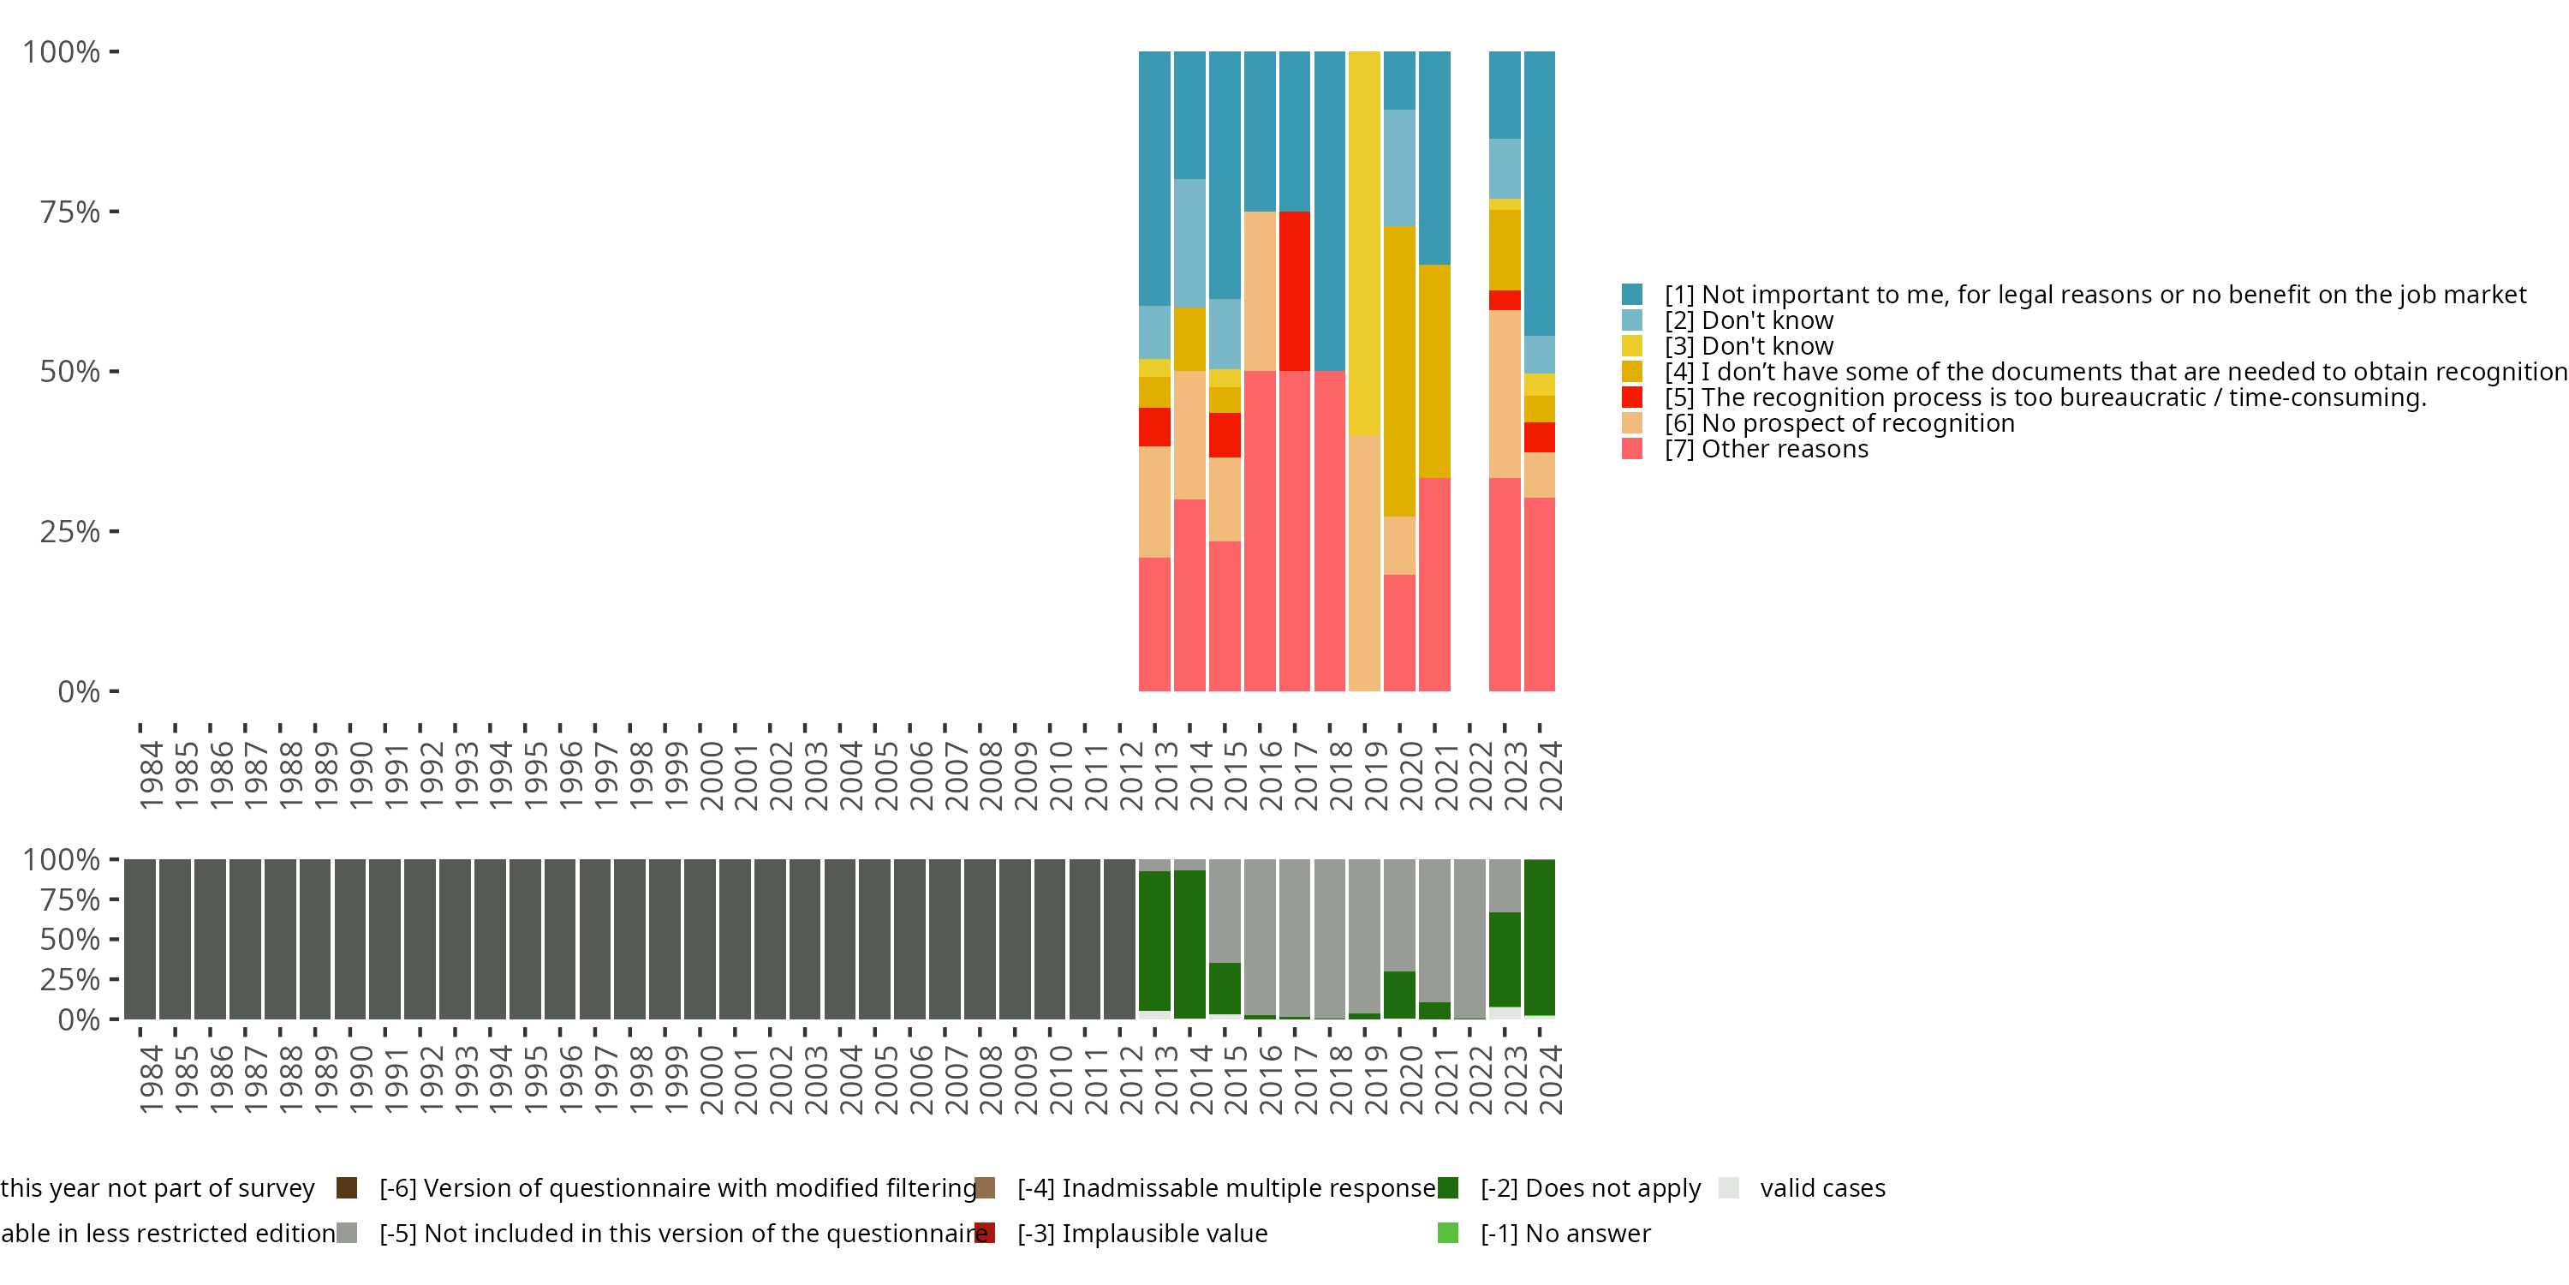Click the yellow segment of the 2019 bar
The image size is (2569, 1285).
point(1364,242)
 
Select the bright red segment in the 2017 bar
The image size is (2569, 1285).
point(1295,290)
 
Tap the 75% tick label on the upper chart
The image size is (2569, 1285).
point(70,212)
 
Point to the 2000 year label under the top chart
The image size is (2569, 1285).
point(711,775)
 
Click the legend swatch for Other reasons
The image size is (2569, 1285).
point(1631,449)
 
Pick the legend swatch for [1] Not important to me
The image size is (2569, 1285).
point(1631,295)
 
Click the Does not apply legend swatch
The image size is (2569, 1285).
point(1448,1187)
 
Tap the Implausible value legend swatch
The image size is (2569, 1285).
point(984,1233)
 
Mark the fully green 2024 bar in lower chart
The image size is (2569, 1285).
point(1540,937)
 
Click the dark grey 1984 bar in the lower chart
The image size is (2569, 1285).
point(140,939)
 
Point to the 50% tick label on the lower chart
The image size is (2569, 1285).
point(70,939)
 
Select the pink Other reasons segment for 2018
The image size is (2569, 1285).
point(1329,531)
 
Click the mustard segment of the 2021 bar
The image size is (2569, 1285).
point(1434,371)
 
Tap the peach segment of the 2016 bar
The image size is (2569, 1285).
point(1260,290)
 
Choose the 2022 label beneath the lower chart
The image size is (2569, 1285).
point(1480,1079)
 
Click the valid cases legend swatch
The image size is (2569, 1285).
point(1729,1187)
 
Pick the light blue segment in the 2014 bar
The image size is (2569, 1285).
point(1189,242)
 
